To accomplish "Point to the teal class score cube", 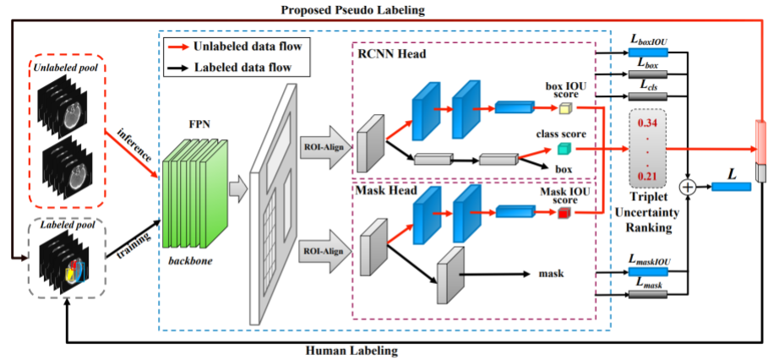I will point(564,149).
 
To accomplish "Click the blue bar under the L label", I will point(732,187).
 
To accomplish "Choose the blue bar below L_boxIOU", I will point(648,52).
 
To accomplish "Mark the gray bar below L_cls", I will point(648,96).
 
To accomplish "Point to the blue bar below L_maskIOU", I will point(648,272).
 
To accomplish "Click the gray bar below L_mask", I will point(648,294).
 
